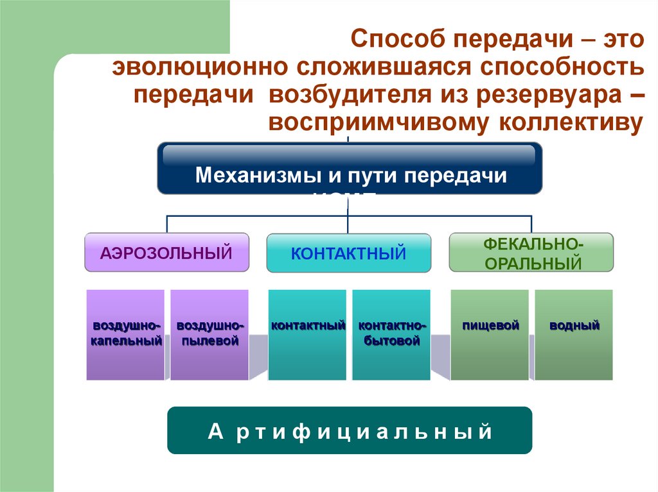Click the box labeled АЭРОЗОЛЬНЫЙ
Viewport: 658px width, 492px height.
[x=166, y=252]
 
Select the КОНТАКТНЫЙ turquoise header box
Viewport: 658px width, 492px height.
[x=348, y=253]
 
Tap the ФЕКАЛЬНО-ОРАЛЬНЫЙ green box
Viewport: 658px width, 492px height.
[x=531, y=252]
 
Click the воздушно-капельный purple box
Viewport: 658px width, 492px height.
[x=125, y=335]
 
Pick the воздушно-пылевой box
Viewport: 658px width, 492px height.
[x=209, y=335]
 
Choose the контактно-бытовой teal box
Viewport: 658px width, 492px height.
[x=391, y=335]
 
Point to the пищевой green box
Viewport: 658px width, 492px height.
[x=490, y=335]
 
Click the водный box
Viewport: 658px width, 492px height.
[x=574, y=335]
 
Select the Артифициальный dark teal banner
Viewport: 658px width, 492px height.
[x=350, y=430]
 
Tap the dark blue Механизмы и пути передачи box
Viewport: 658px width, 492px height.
[x=350, y=169]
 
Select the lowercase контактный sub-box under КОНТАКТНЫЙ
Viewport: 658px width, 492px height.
[x=308, y=335]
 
